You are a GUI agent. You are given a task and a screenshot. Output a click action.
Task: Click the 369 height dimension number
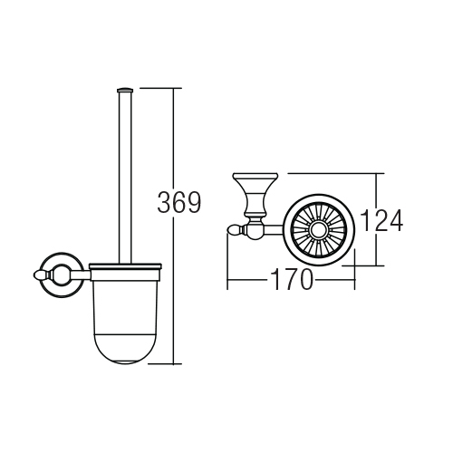178,202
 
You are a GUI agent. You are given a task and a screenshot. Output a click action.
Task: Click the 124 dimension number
381,220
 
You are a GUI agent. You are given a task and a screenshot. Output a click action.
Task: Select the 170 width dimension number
292,279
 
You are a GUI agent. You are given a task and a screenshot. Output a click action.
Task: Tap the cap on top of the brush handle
125,90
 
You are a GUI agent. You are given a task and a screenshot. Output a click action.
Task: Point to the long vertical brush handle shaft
125,178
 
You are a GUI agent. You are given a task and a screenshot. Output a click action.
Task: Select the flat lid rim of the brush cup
126,266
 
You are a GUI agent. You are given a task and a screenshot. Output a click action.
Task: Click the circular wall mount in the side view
63,275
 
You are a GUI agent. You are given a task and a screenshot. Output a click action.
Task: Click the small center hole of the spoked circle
319,230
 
